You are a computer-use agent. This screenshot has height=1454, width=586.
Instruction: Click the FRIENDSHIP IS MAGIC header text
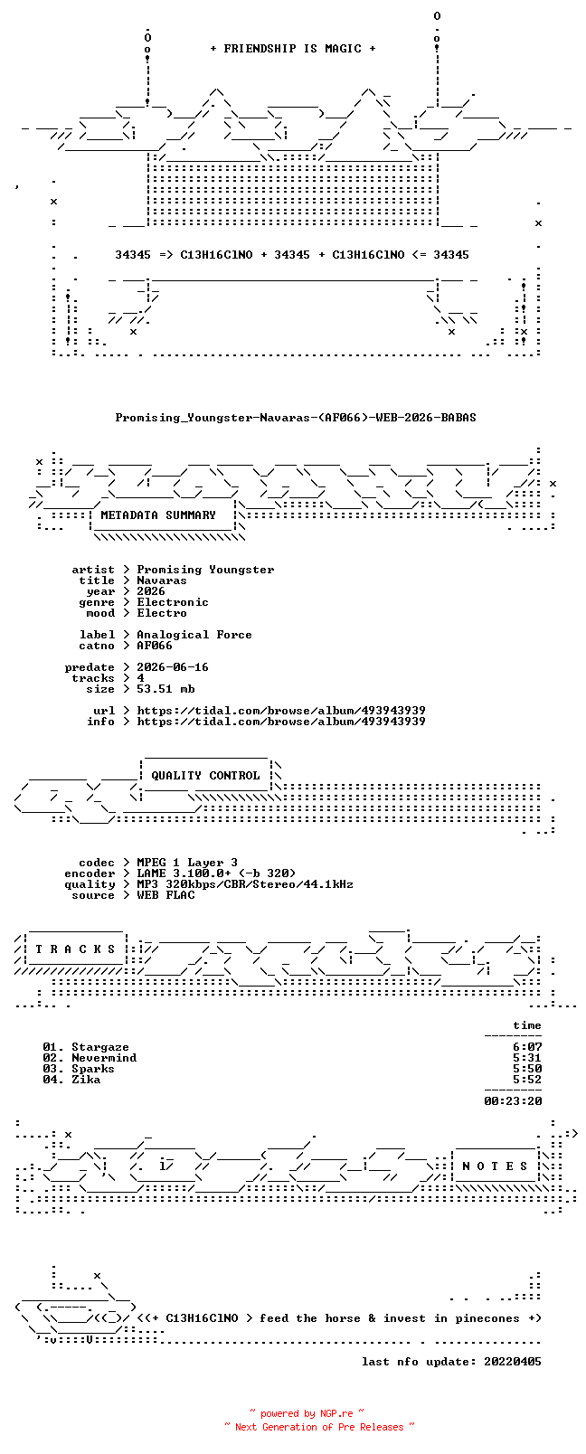point(293,49)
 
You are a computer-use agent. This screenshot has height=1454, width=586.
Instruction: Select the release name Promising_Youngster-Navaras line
point(296,418)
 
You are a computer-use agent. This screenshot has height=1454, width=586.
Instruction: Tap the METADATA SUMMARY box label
point(157,515)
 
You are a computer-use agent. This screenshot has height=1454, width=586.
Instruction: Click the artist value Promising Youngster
point(205,570)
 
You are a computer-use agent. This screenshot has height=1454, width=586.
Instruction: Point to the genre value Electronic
point(173,602)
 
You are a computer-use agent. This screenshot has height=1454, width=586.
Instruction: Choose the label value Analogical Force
point(194,635)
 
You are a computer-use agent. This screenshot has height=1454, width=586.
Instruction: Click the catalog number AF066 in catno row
point(155,646)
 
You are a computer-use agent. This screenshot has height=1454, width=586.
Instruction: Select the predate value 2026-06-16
point(173,667)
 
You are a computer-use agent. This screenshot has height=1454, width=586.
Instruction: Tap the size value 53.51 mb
point(165,689)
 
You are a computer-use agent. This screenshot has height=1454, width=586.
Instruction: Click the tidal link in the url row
point(281,711)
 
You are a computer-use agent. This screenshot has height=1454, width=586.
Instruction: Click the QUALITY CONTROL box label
point(205,776)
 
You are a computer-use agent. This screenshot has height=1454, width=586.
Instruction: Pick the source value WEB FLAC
point(165,895)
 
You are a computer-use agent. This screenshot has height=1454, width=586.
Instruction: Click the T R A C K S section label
point(75,949)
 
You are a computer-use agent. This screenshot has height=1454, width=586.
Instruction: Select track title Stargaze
point(100,1047)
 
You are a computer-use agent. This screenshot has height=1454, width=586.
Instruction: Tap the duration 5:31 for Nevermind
point(527,1058)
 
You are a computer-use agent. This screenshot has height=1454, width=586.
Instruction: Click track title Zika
point(86,1080)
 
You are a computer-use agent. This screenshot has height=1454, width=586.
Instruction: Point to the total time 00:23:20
point(513,1101)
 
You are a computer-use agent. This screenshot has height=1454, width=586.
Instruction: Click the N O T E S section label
point(496,1166)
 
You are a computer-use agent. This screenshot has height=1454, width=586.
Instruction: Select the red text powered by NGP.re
point(307,1413)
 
